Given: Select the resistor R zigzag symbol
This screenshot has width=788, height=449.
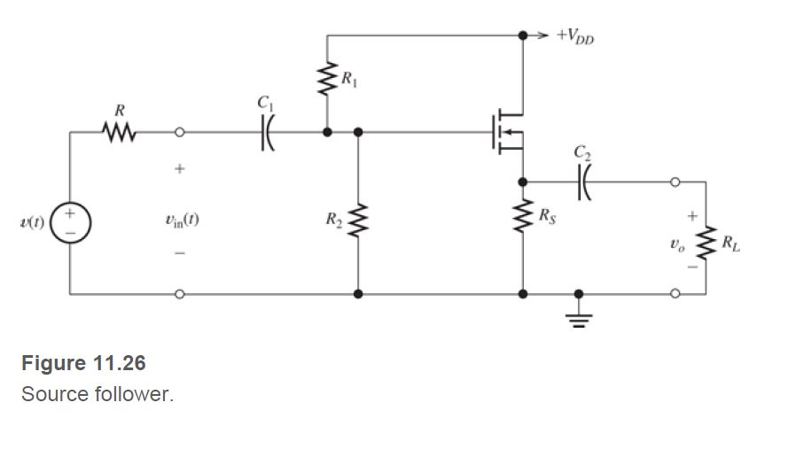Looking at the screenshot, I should coord(119,133).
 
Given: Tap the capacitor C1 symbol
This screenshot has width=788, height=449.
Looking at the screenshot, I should coord(265,133).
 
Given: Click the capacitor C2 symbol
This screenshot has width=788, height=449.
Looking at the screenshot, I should coord(582,182).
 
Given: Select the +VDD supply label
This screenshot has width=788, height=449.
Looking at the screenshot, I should coord(575,35).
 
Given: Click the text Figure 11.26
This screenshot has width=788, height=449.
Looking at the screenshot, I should coord(83,363).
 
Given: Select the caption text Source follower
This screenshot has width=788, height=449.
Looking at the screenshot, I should coord(98,394).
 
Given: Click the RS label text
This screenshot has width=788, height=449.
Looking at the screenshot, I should coord(550,215).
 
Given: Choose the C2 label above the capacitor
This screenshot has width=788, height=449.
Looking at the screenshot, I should coord(581,152).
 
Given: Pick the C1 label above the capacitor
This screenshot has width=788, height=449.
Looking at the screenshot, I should coord(264,104).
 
